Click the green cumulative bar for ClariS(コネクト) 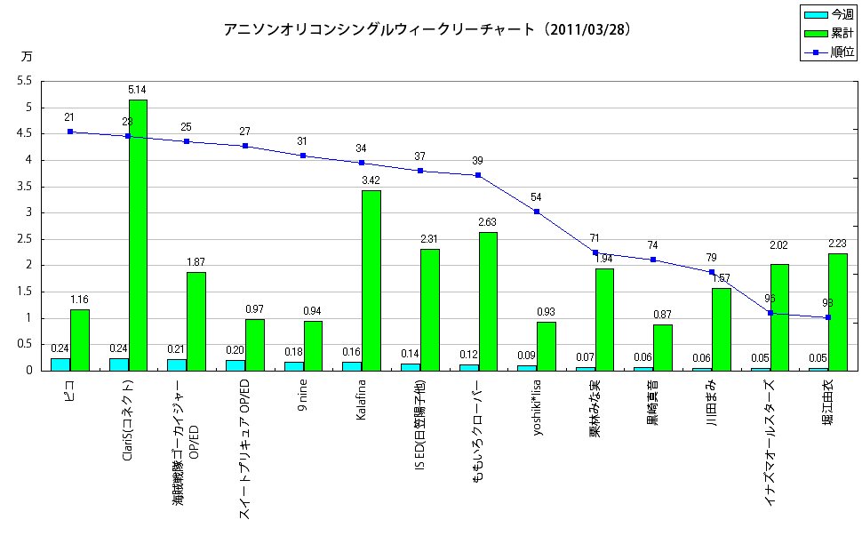138,235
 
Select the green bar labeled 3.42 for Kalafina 371,280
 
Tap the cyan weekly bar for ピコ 60,364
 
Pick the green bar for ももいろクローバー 488,301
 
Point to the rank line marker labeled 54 537,212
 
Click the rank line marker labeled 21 69,132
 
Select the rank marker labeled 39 478,175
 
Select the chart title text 427,29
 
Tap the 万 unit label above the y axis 26,56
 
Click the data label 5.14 137,90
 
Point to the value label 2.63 487,222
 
